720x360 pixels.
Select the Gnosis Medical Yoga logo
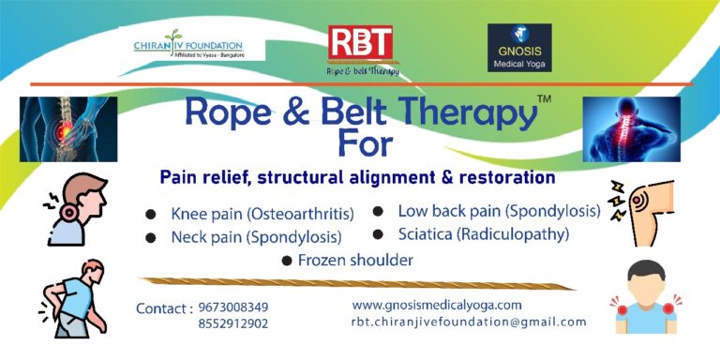coord(519,48)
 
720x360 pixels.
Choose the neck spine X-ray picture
coord(631,128)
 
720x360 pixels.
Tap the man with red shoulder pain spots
coord(645,298)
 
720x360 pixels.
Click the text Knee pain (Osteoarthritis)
coord(267,215)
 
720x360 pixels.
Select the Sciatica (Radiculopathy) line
coord(484,234)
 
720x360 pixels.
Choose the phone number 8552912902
coord(233,324)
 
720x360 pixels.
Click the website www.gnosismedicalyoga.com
coord(437,305)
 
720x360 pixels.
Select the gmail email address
coord(469,322)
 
